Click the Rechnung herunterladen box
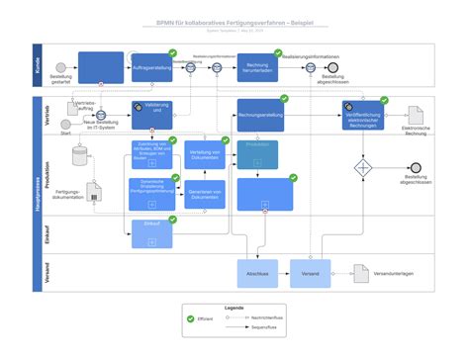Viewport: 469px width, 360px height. tap(257, 67)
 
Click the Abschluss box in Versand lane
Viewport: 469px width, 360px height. tap(257, 274)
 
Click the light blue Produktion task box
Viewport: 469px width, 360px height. tap(257, 154)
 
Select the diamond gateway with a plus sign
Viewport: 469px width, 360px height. tap(363, 168)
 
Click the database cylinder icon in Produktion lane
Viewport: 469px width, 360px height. tap(79, 157)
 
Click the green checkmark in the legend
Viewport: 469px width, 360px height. tap(190, 318)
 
